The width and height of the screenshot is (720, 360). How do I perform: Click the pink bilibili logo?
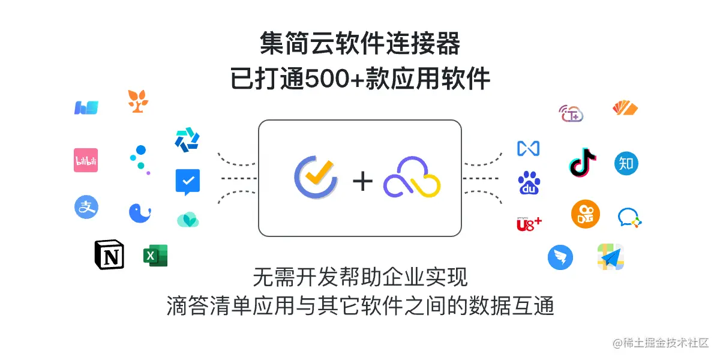pos(86,160)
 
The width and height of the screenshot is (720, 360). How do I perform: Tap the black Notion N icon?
pos(109,255)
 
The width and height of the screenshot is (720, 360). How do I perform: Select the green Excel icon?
pos(155,256)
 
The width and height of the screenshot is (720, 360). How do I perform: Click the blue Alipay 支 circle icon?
pos(86,207)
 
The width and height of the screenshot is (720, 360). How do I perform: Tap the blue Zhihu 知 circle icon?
pos(626,163)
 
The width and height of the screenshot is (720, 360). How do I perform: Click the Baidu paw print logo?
pos(529,183)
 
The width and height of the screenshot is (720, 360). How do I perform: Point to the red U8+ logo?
pos(529,224)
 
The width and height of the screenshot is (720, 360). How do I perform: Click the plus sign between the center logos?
pos(362,181)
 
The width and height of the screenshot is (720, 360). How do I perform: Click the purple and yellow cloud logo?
pos(412,179)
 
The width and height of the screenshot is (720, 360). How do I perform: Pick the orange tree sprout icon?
pos(138,101)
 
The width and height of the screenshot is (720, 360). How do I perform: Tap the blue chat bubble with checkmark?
pos(187,182)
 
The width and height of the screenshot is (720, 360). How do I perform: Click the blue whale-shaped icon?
pos(139,213)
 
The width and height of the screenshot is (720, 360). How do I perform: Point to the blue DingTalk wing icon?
pos(560,258)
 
